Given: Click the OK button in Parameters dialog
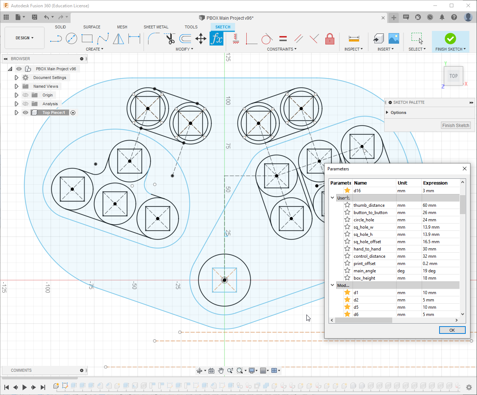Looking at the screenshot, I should (452, 330).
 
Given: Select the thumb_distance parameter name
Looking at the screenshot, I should (369, 205).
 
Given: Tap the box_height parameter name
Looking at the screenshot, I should (364, 278).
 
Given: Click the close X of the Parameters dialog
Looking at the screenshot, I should (464, 169).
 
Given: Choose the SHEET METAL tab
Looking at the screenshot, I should (156, 27).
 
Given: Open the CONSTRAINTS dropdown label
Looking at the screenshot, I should (281, 49).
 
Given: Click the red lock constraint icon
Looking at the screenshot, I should (330, 39).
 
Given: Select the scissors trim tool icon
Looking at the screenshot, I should (170, 39).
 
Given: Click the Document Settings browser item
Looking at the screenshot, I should (49, 78).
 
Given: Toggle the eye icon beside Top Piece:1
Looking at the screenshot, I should (25, 112).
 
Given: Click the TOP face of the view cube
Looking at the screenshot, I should (453, 76).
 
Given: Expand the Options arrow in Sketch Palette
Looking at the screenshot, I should (387, 112).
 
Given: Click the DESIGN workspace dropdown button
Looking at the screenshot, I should (24, 38).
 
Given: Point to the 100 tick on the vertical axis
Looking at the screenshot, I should (228, 100).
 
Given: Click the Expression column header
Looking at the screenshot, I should (435, 183).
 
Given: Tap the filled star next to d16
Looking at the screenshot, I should (347, 190).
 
